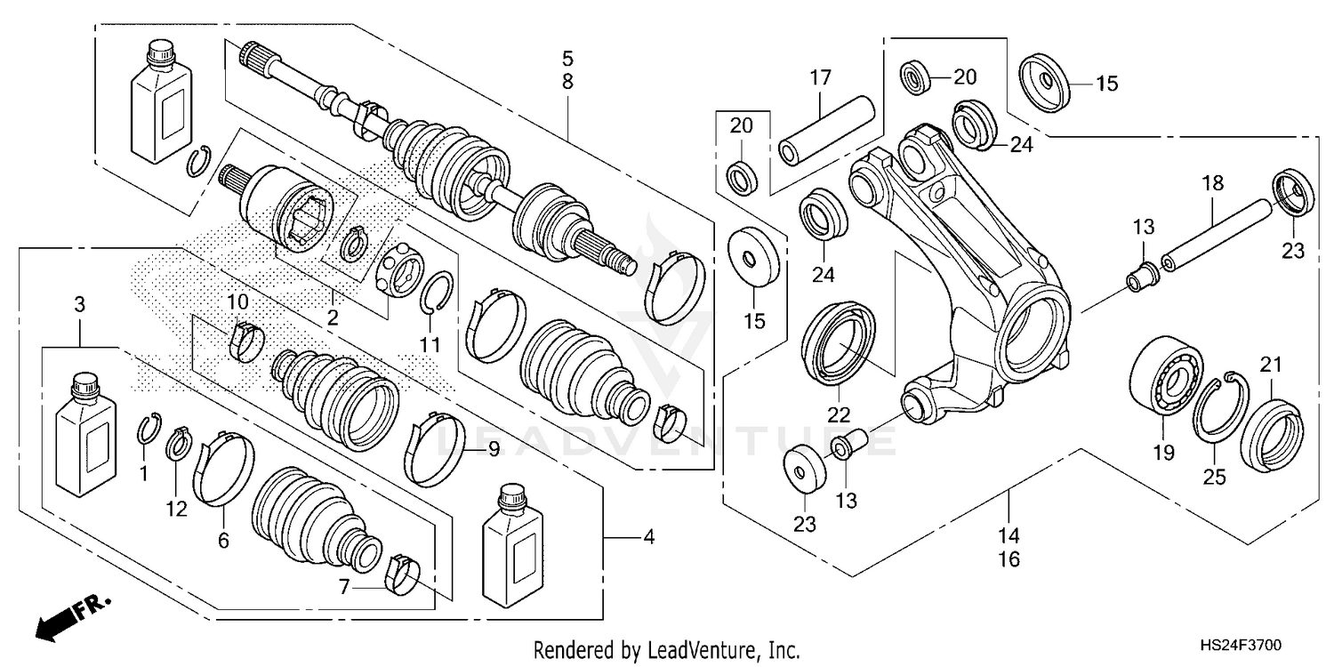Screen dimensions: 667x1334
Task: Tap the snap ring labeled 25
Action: [x=1217, y=406]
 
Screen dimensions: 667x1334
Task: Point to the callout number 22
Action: [x=840, y=414]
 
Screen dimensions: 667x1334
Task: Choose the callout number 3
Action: [x=79, y=305]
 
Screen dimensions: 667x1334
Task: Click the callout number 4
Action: [x=649, y=536]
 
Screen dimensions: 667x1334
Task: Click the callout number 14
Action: [x=1009, y=536]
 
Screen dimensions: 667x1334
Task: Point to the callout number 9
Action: [x=494, y=450]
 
